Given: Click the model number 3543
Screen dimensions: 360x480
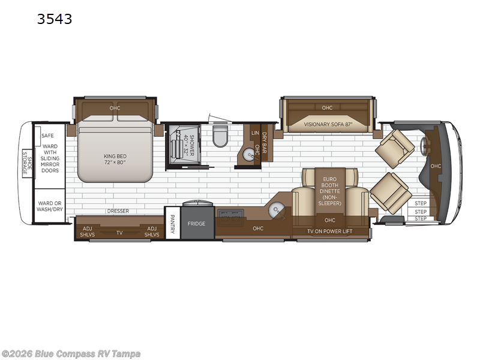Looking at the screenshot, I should tap(55, 19).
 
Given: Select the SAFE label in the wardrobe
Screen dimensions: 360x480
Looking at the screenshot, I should tap(48, 136).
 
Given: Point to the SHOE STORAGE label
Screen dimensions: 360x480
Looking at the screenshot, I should tap(26, 162).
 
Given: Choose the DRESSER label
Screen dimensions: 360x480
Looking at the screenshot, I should tap(118, 211).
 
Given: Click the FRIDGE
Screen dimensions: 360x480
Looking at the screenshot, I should tap(197, 223).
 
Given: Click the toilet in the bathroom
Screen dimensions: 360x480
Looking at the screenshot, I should tap(220, 136).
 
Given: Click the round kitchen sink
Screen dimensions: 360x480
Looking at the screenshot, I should tap(277, 209).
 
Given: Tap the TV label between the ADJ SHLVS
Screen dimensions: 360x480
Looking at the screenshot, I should tap(119, 232).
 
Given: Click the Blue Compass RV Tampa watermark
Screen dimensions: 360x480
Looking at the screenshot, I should tap(71, 353).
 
